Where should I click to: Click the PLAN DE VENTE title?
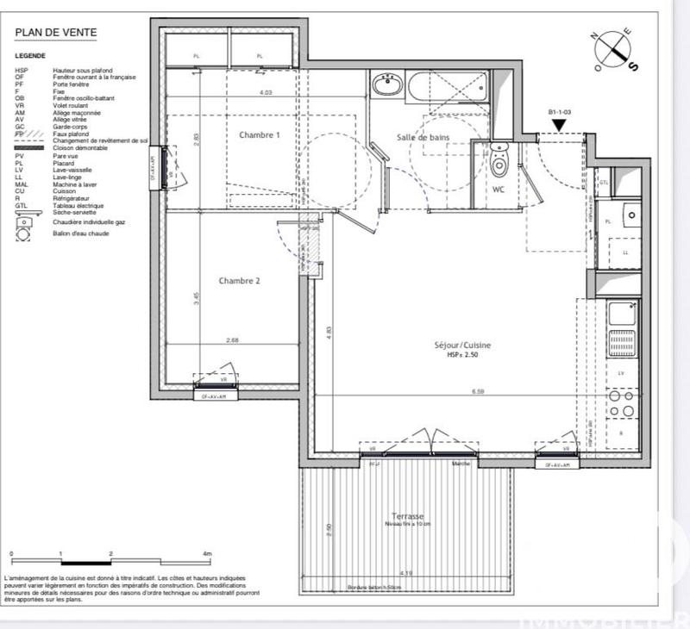point(56,34)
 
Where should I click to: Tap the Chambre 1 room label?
point(260,135)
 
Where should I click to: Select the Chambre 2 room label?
point(239,280)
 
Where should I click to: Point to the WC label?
point(499,190)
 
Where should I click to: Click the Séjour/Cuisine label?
point(462,346)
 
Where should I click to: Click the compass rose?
point(614,50)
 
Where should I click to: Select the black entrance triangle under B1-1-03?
point(560,126)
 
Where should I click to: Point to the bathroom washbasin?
point(387,86)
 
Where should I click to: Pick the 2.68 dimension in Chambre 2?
point(232,340)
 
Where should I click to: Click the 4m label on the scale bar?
point(206,553)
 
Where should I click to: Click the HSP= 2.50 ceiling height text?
point(462,355)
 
